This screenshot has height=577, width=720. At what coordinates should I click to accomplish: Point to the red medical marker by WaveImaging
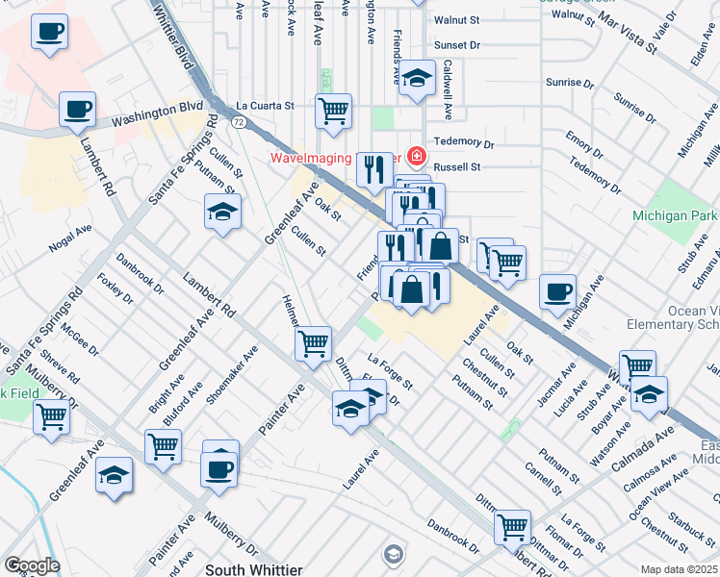click(417, 155)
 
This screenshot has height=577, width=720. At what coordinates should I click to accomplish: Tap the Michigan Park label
click(675, 215)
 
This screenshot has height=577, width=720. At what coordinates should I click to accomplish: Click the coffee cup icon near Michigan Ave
click(557, 291)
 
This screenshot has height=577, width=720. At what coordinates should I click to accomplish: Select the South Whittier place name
click(254, 569)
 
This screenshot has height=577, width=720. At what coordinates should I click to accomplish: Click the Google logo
click(31, 565)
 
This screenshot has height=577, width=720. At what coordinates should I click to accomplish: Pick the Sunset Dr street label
click(456, 45)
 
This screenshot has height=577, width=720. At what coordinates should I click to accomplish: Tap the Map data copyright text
click(680, 569)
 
